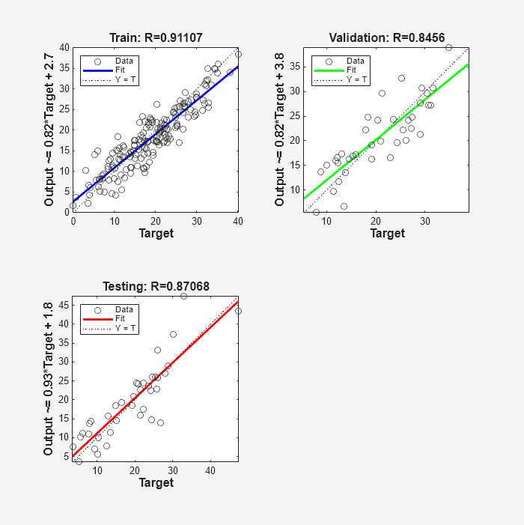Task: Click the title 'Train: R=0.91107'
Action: click(x=156, y=37)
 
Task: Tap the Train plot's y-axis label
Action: click(x=49, y=130)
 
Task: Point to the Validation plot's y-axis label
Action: click(x=280, y=130)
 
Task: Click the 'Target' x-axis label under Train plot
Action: click(x=156, y=234)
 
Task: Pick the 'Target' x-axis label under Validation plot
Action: click(x=387, y=234)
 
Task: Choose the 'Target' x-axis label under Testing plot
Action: click(x=156, y=482)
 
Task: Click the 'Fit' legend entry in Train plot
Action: click(x=120, y=70)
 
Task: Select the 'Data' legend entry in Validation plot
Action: click(x=355, y=61)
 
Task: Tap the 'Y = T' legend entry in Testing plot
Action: click(x=124, y=327)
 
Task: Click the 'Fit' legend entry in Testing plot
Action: click(x=120, y=318)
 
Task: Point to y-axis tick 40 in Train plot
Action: click(x=64, y=47)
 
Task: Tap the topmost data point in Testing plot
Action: click(x=183, y=297)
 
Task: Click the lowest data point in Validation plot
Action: click(x=316, y=212)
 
